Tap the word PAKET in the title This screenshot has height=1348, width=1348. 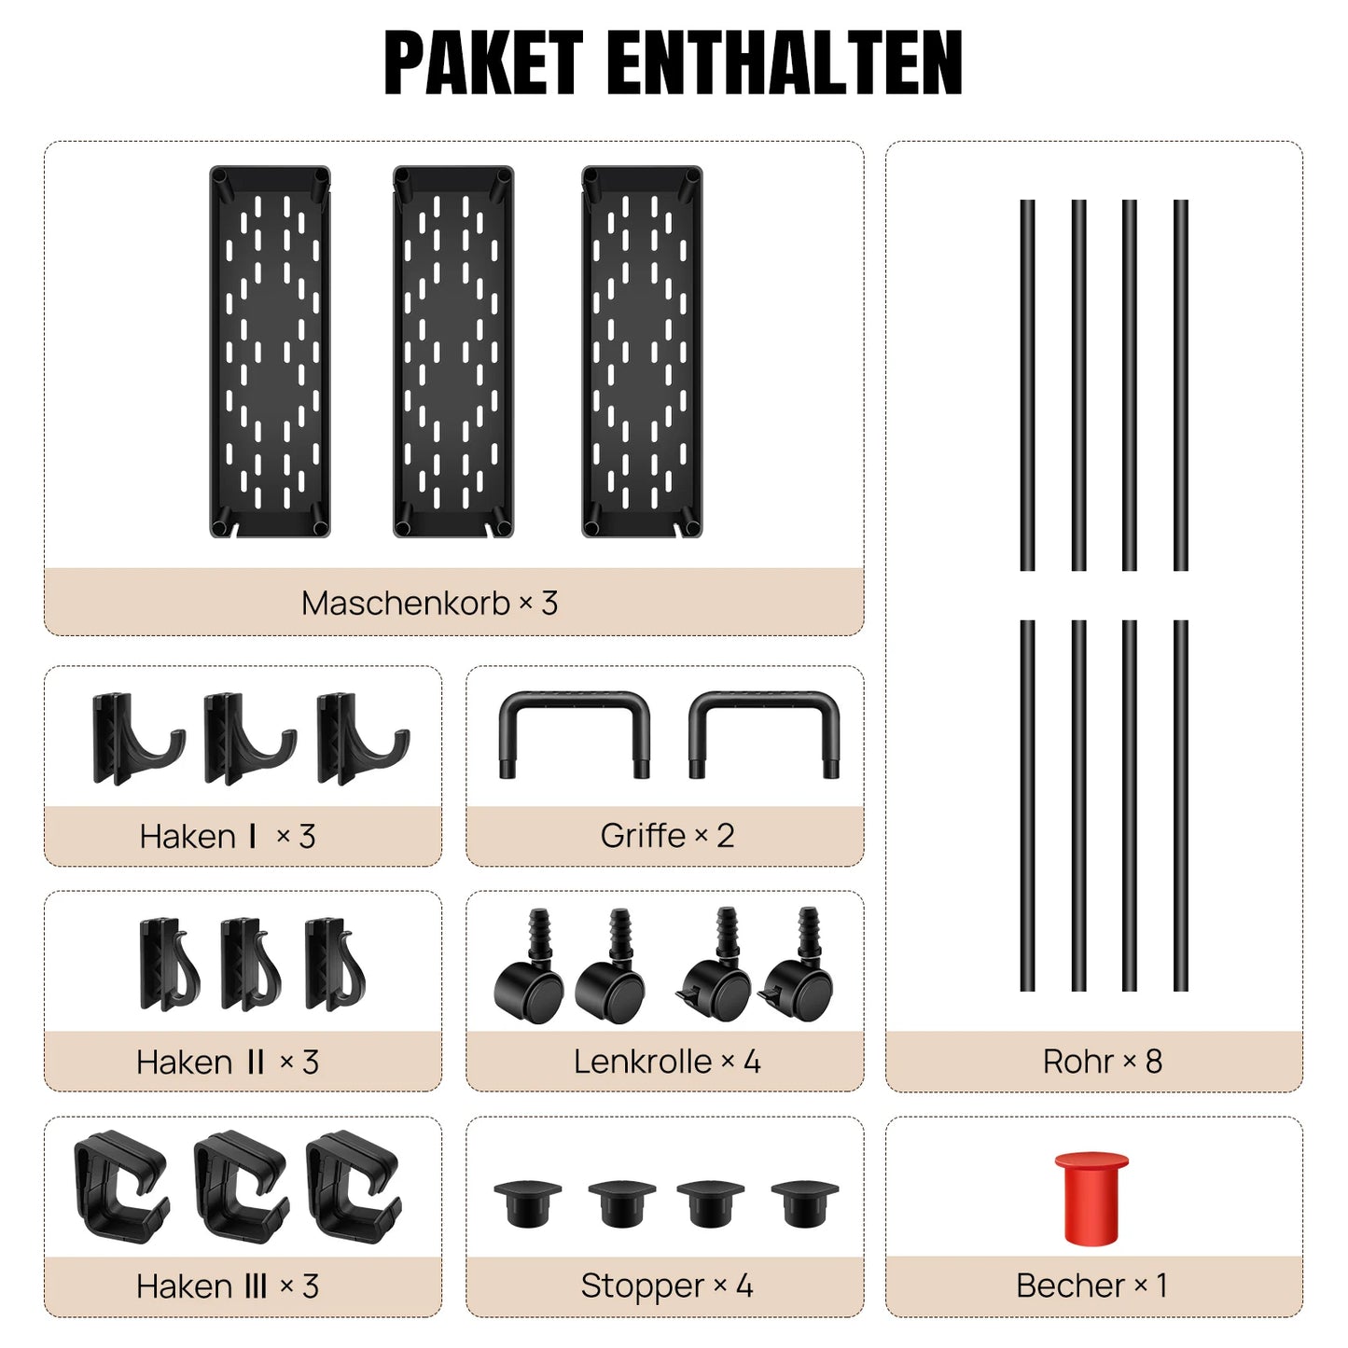coord(483,63)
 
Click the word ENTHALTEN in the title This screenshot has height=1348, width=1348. coord(785,63)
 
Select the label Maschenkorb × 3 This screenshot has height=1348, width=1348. coord(429,603)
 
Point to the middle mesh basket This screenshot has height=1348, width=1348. coord(453,351)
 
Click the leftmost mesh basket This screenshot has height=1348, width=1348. coord(270,351)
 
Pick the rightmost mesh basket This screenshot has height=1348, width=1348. coord(642,351)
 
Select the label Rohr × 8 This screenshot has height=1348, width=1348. coord(1103,1062)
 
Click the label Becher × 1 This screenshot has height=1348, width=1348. coord(1091,1285)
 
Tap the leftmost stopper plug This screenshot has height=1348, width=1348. coord(528,1202)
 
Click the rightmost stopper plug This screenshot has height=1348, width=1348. coord(804,1202)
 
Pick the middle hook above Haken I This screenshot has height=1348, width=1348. coord(250,739)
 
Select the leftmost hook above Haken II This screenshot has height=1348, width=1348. coord(170,965)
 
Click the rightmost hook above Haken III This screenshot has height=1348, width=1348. coord(354,1186)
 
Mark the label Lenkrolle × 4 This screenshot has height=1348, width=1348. coord(667,1062)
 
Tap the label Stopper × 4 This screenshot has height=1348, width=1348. coord(667,1285)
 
